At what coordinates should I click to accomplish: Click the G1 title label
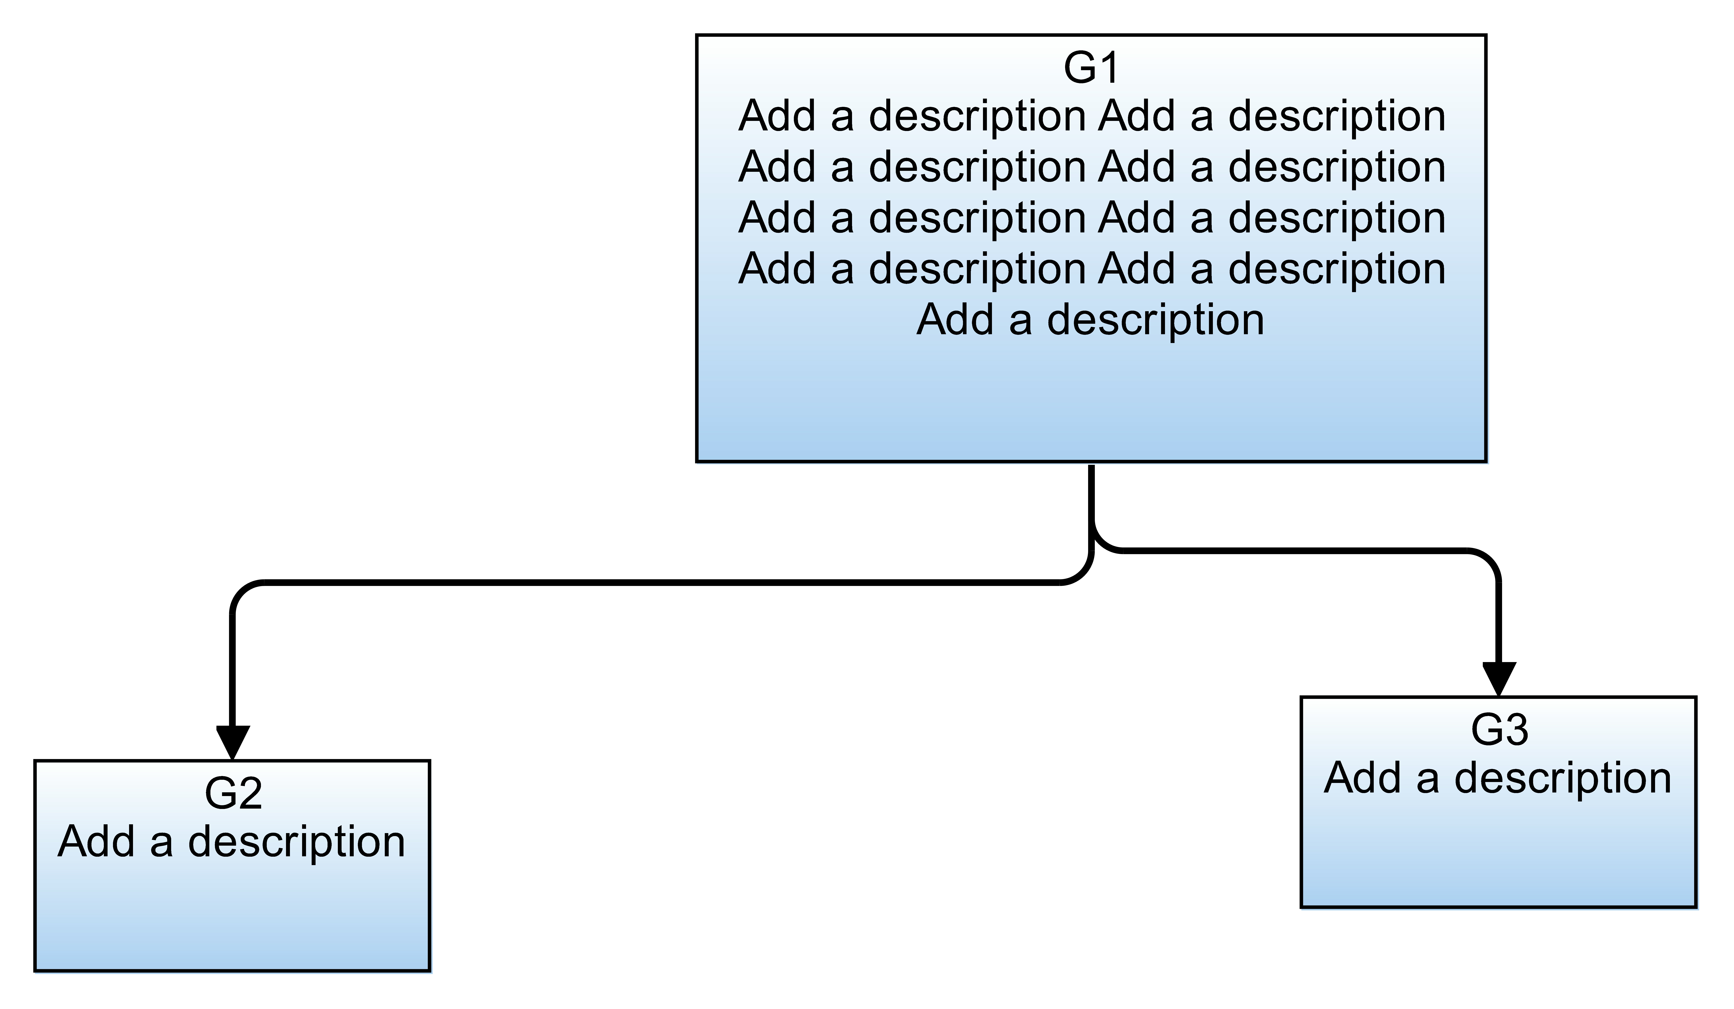[1091, 67]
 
